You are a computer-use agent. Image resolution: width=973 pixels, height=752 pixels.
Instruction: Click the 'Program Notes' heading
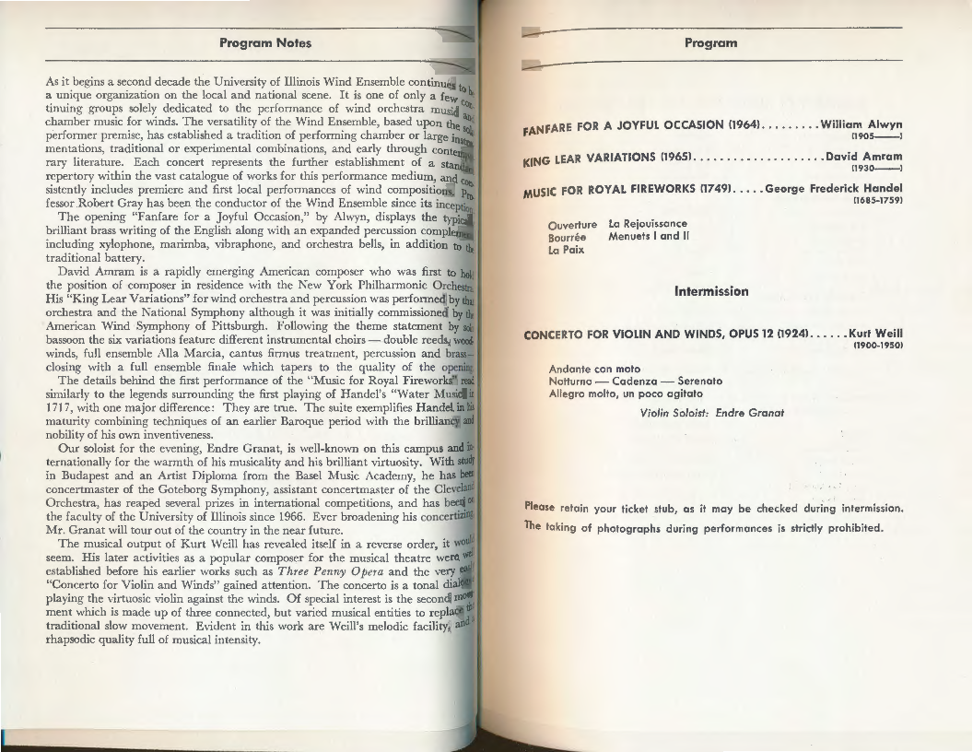(x=265, y=42)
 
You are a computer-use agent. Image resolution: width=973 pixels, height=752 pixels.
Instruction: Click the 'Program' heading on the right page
(x=710, y=42)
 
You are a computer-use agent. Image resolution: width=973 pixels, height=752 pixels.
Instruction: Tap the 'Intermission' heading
(x=711, y=291)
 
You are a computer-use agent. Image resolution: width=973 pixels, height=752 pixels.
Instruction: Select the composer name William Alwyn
(x=861, y=123)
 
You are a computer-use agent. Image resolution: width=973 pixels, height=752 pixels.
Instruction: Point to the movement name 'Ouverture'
(x=572, y=224)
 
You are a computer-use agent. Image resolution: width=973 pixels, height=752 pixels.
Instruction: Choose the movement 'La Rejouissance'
(x=648, y=223)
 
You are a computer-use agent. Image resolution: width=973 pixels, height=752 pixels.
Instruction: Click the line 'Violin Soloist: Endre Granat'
(x=711, y=412)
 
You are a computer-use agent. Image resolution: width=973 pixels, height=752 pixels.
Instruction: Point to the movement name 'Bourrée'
(x=568, y=237)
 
